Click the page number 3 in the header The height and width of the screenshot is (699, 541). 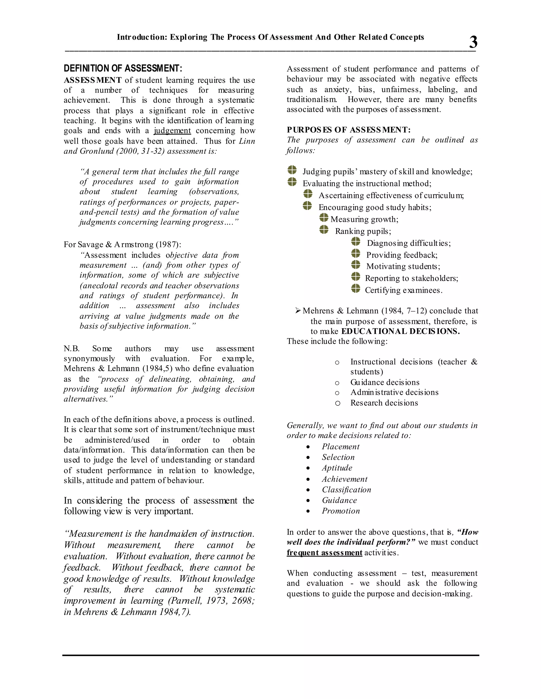(473, 42)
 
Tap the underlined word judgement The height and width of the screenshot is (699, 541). (172, 131)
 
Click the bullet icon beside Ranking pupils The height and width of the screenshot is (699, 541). (324, 229)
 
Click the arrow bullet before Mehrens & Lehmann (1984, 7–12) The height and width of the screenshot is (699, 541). (298, 310)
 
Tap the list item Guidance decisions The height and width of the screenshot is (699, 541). (385, 382)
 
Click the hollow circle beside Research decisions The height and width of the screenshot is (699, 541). (337, 403)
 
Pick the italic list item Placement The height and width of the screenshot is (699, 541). (340, 447)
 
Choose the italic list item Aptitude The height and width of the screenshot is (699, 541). (337, 468)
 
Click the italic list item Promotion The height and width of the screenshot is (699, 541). (341, 511)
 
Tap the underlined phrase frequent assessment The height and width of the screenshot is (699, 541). (324, 553)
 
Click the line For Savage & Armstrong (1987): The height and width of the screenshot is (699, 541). (122, 245)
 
